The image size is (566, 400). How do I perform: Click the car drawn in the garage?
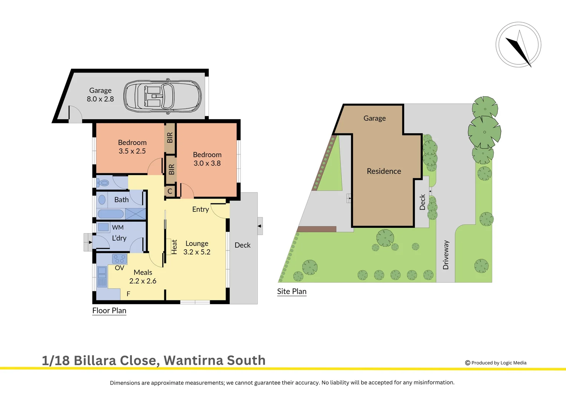[x=162, y=96]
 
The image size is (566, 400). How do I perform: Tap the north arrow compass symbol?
[x=518, y=45]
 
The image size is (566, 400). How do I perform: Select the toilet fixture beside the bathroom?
[x=103, y=183]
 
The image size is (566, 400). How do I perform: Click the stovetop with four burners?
[x=120, y=259]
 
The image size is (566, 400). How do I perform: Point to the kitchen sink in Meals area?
[x=102, y=277]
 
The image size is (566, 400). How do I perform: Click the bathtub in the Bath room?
[x=110, y=214]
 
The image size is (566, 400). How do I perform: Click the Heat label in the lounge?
[x=174, y=247]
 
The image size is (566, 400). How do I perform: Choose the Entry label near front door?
[x=200, y=209]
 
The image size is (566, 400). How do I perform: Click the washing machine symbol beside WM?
[x=103, y=227]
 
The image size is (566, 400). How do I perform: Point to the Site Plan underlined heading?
[x=292, y=291]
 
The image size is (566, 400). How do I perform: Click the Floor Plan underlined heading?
[x=109, y=311]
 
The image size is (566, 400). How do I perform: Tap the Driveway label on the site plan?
[x=446, y=255]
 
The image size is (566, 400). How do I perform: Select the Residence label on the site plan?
[x=384, y=171]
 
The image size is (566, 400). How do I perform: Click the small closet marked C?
[x=170, y=191]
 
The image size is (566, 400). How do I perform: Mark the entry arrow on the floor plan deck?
[x=260, y=226]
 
